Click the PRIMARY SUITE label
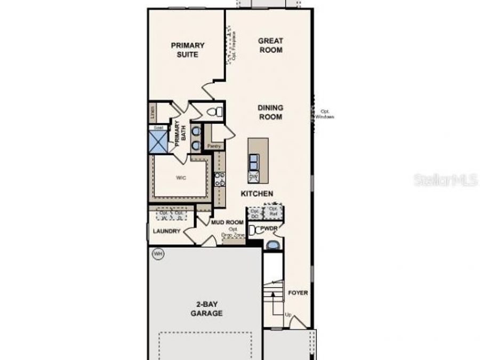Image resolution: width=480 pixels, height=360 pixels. click(x=188, y=50)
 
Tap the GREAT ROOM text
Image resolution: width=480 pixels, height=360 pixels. click(x=270, y=45)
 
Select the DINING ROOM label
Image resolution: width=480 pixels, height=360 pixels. click(x=270, y=112)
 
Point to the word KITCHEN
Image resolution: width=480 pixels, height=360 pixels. click(x=257, y=194)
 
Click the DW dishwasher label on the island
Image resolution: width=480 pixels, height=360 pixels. click(x=254, y=176)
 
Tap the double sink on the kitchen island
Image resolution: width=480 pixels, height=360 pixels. click(x=254, y=161)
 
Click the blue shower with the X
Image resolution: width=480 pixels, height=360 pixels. click(x=158, y=142)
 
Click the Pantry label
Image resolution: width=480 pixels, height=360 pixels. click(x=214, y=145)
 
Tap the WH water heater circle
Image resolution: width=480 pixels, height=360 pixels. click(x=157, y=254)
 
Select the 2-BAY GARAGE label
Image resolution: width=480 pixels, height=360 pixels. click(x=206, y=309)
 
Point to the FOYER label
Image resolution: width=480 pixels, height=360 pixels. click(x=298, y=293)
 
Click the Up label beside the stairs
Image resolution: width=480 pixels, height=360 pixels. click(x=288, y=315)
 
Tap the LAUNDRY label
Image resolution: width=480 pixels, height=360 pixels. click(x=166, y=231)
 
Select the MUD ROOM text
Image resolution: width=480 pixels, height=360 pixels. click(x=227, y=222)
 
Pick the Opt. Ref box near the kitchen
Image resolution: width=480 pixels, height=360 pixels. click(x=274, y=212)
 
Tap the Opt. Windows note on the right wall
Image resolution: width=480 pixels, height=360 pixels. click(x=324, y=114)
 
